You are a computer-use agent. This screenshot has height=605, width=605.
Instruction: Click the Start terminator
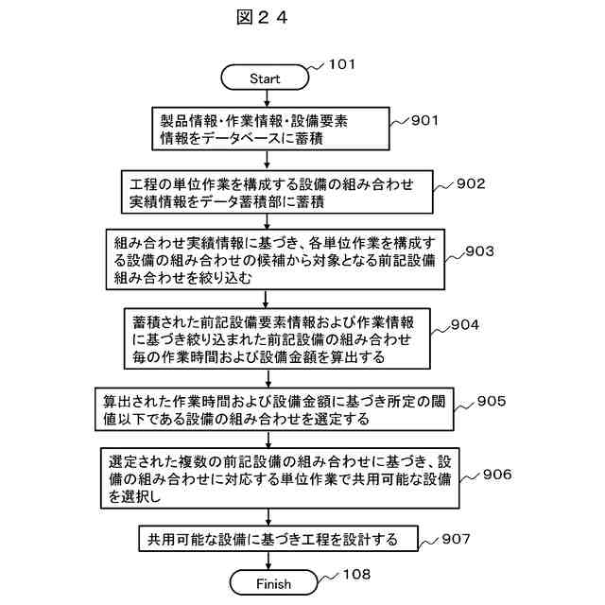click(264, 78)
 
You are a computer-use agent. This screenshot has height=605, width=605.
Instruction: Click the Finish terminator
click(273, 583)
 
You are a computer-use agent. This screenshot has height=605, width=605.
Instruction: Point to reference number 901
click(424, 120)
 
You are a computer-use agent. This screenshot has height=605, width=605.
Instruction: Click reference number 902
click(470, 183)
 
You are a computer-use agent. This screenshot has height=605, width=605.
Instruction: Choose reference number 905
click(491, 400)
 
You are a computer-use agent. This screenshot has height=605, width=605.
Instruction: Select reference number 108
click(355, 574)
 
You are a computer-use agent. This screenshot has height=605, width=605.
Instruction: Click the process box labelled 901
click(271, 130)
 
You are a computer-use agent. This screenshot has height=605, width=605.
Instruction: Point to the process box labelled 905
click(276, 409)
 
